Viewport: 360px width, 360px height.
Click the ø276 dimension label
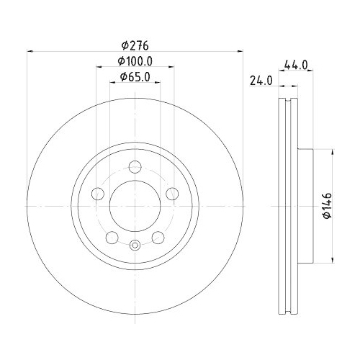[x=135, y=43]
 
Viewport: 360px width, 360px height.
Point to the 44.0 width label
[x=296, y=65]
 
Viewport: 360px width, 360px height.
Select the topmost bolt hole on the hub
[x=135, y=168]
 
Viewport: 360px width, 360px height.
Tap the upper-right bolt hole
[x=171, y=193]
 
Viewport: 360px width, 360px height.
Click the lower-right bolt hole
[x=157, y=237]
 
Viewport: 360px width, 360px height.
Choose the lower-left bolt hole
[x=112, y=237]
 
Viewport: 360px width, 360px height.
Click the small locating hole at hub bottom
[x=135, y=244]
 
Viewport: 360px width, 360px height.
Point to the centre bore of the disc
[x=135, y=206]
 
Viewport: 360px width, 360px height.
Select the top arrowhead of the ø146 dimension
[x=332, y=152]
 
